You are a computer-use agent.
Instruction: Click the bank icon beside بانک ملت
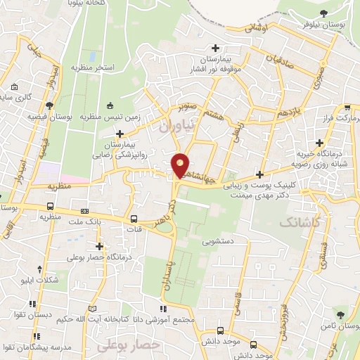85,210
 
